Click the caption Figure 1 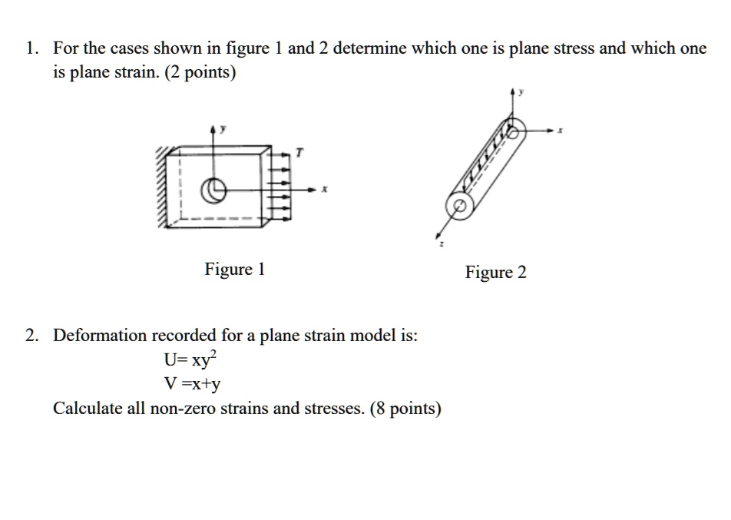[234, 270]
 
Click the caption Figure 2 [495, 273]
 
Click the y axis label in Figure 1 [223, 130]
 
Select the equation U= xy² [191, 359]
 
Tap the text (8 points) [405, 408]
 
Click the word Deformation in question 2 [99, 336]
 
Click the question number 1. [30, 48]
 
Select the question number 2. [30, 336]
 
